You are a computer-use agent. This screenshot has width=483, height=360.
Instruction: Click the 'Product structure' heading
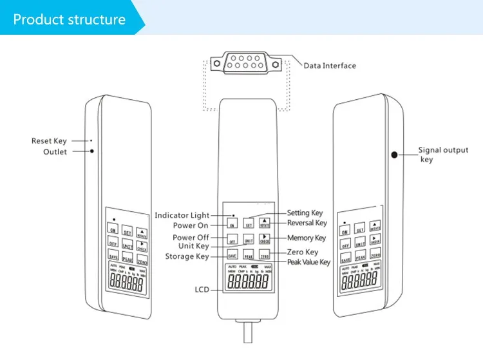click(70, 19)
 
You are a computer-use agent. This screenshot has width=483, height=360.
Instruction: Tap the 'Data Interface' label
click(330, 66)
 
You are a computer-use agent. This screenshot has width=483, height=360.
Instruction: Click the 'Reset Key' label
click(49, 141)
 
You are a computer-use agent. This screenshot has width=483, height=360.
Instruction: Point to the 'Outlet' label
click(55, 152)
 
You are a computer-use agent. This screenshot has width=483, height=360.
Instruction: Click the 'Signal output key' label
click(444, 155)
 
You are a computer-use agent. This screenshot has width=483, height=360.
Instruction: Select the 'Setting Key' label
click(305, 213)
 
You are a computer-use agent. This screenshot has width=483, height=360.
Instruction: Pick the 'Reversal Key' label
click(307, 223)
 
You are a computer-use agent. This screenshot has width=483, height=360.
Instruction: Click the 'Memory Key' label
click(307, 238)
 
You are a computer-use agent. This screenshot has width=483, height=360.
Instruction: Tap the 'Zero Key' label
click(303, 252)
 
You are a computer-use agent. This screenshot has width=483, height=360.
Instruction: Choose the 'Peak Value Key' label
click(308, 262)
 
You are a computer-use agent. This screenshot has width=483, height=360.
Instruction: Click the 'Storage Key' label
click(187, 256)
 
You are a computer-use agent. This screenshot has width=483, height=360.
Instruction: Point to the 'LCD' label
click(203, 290)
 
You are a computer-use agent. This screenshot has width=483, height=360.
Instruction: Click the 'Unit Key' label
click(193, 246)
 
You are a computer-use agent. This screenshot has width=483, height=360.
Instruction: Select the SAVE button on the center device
click(232, 256)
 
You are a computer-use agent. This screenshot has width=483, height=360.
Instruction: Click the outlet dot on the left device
click(92, 151)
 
